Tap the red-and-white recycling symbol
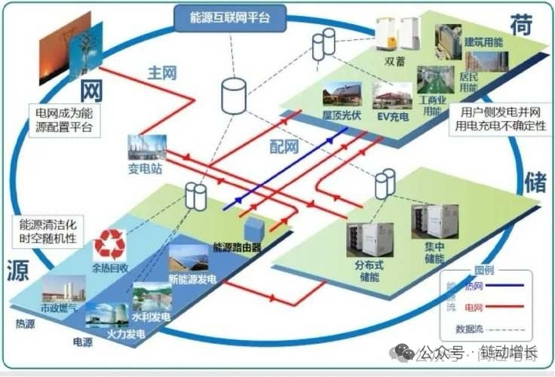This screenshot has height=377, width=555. point(110,244)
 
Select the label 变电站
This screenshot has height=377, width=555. point(146,169)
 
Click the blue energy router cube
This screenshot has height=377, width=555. point(253,229)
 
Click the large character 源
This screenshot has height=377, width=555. point(18,271)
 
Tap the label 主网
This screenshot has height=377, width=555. point(162,73)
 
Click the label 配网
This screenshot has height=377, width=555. point(284,146)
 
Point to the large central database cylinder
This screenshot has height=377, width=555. point(234,95)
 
